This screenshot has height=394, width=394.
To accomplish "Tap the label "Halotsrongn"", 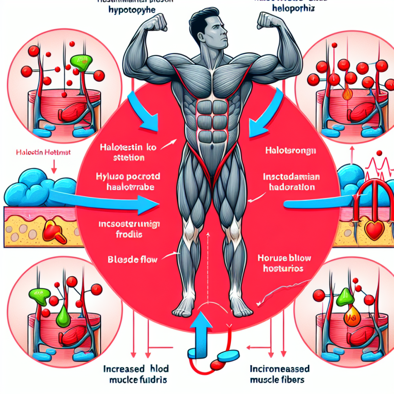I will (284, 150).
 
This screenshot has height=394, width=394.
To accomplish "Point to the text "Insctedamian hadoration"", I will (289, 182).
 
